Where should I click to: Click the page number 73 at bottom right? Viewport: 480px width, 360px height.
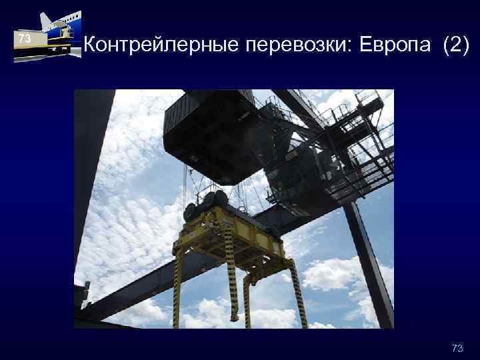pyautogui.click(x=457, y=349)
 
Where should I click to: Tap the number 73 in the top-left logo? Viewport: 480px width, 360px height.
pyautogui.click(x=25, y=39)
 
